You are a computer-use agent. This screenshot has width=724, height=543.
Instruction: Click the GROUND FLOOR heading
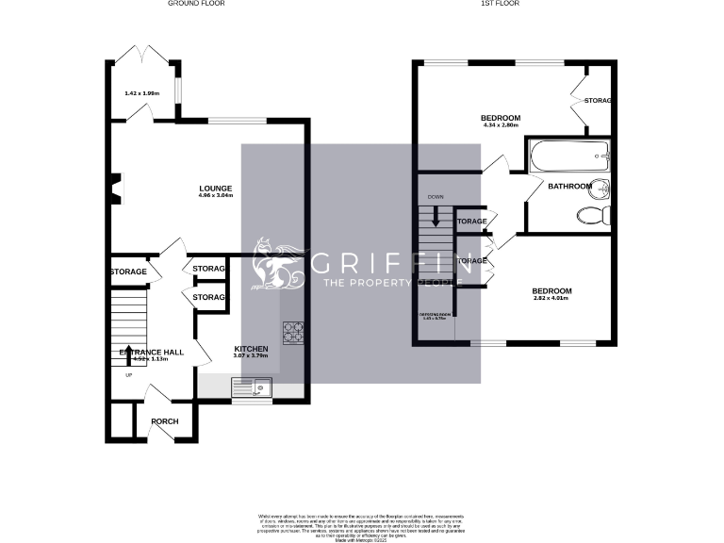196,4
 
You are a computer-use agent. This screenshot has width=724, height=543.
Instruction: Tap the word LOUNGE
216,188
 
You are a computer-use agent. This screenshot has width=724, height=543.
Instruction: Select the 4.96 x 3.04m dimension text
216,195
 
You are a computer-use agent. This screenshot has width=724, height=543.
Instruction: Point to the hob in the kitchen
293,331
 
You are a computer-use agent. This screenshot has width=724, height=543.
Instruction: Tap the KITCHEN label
252,349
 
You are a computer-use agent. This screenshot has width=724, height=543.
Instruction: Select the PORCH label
166,421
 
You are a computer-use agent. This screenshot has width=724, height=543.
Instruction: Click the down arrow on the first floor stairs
435,215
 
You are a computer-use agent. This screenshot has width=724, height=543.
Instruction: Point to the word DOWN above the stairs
435,196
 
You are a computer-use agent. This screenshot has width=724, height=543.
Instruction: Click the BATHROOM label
571,186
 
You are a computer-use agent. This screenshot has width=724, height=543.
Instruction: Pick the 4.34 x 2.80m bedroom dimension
502,125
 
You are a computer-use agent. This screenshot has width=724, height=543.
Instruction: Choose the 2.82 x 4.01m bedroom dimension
551,299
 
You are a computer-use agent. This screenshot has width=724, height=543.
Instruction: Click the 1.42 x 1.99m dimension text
142,93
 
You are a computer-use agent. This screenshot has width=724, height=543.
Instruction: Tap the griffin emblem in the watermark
277,268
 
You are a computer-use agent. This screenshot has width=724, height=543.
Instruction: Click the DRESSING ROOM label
436,315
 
